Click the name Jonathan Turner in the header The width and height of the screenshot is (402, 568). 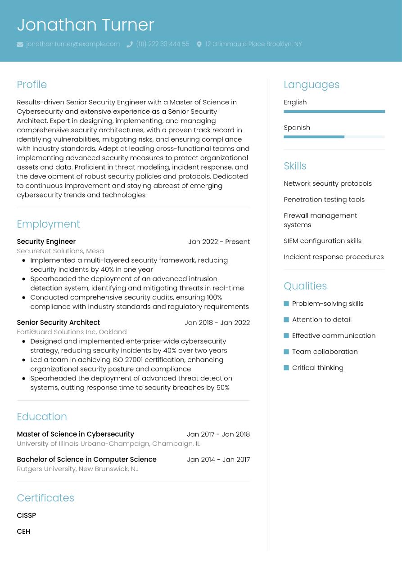(86, 25)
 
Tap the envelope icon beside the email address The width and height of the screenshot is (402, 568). (20, 45)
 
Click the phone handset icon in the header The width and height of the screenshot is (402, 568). (130, 45)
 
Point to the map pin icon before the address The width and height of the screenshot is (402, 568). (199, 45)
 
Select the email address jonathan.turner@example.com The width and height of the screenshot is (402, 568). (73, 44)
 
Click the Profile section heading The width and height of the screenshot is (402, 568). (32, 85)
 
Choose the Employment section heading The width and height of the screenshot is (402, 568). (48, 224)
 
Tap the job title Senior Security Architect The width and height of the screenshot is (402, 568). (58, 322)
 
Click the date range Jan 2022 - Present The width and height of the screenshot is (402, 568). (219, 242)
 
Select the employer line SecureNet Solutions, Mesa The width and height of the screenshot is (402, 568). (60, 251)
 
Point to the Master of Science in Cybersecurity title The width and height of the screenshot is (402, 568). (75, 434)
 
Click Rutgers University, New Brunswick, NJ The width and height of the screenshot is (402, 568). (77, 469)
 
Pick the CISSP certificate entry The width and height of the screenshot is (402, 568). (26, 515)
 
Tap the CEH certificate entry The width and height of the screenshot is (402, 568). (23, 532)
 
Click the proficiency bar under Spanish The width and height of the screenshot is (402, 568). (334, 137)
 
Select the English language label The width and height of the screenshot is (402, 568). (295, 102)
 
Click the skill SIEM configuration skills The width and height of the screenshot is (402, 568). (322, 241)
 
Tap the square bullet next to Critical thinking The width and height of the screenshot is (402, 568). (286, 368)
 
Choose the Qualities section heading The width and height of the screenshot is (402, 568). (305, 286)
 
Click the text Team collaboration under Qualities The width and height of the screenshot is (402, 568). (325, 352)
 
